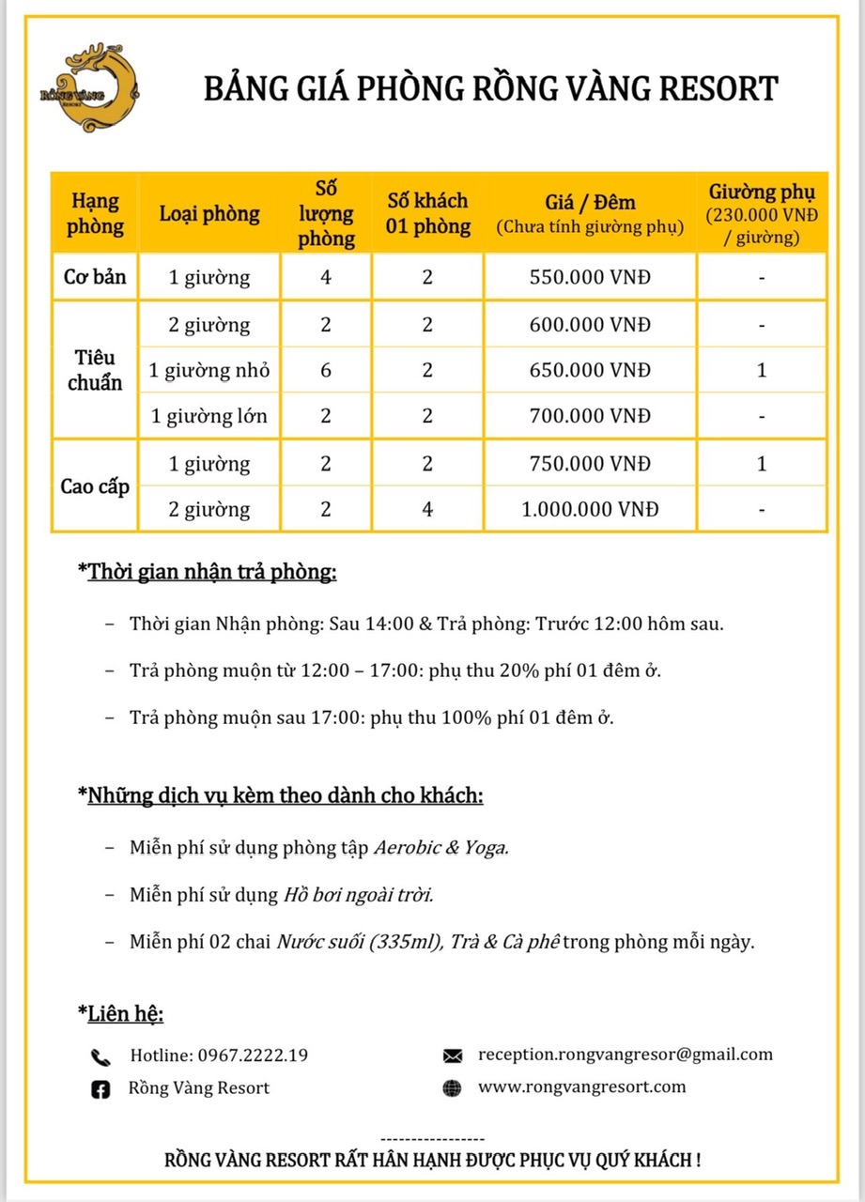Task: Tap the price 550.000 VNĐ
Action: pyautogui.click(x=590, y=278)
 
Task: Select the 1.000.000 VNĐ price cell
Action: pyautogui.click(x=590, y=510)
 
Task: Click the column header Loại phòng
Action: pyautogui.click(x=209, y=213)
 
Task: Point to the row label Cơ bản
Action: pyautogui.click(x=94, y=278)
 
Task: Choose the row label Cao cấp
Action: pyautogui.click(x=94, y=486)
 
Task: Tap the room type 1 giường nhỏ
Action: pyautogui.click(x=209, y=371)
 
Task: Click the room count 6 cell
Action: pyautogui.click(x=326, y=371)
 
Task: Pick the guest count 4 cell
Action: pyautogui.click(x=427, y=510)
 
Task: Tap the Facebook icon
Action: pyautogui.click(x=100, y=1089)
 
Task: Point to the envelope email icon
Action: pyautogui.click(x=452, y=1056)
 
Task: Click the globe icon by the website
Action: pyautogui.click(x=452, y=1088)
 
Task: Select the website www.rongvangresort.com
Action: pyautogui.click(x=581, y=1087)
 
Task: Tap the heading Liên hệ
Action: pyautogui.click(x=125, y=1013)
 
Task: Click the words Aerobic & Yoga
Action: pyautogui.click(x=440, y=847)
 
